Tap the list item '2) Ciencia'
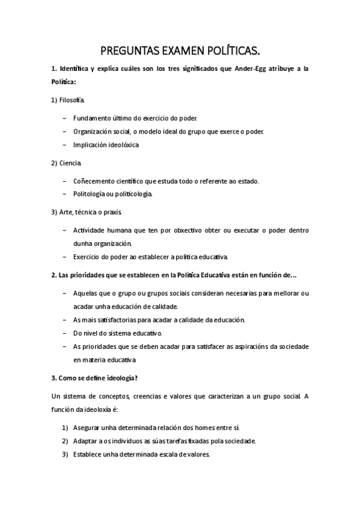pyautogui.click(x=67, y=163)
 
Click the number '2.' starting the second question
pyautogui.click(x=53, y=275)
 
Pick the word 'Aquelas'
pyautogui.click(x=87, y=293)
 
